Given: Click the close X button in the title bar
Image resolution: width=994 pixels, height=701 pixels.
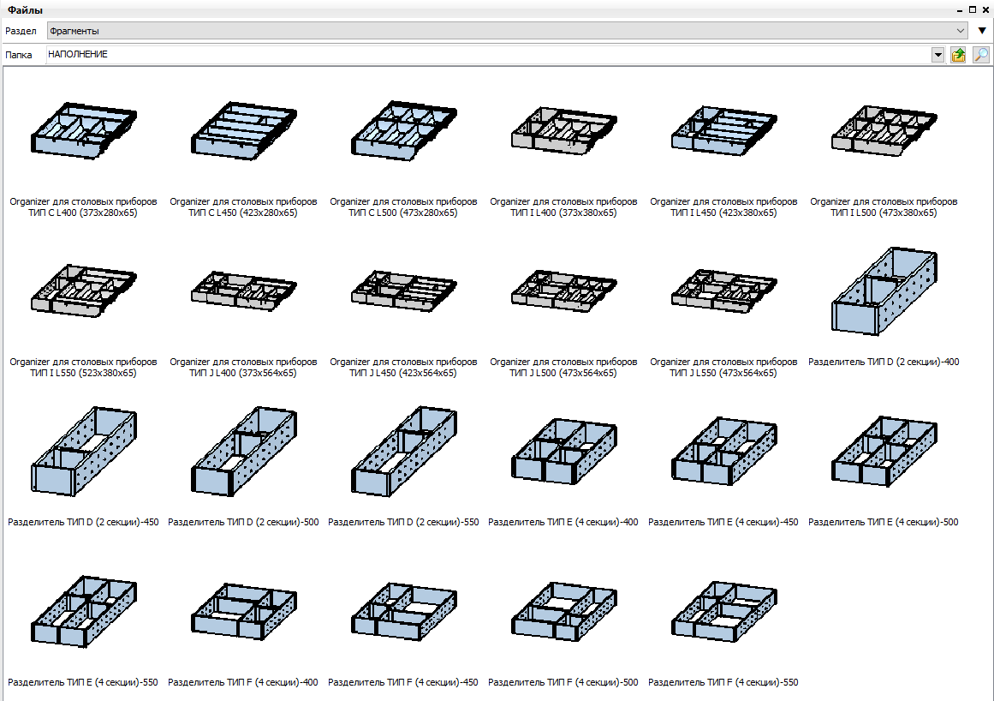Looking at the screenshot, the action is click(985, 10).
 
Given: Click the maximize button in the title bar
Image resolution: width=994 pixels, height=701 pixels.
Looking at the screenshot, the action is click(973, 10).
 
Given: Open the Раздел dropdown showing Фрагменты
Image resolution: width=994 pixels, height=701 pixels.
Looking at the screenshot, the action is click(507, 31).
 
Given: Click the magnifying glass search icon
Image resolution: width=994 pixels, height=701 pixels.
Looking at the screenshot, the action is click(980, 55).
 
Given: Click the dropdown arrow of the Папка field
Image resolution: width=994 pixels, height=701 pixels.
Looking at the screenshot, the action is click(938, 55).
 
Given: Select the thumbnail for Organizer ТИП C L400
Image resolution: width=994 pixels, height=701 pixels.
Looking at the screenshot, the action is click(84, 130).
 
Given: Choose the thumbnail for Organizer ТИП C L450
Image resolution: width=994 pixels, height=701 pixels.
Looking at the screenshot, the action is click(244, 130).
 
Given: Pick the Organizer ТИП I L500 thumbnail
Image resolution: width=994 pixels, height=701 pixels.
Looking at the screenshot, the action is click(884, 130).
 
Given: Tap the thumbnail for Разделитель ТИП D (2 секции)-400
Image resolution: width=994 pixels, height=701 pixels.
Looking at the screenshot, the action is click(884, 291).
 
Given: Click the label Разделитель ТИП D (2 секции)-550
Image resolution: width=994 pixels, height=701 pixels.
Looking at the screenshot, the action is click(404, 522).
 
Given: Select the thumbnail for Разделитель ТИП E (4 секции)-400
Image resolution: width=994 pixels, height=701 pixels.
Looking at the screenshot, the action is click(564, 451).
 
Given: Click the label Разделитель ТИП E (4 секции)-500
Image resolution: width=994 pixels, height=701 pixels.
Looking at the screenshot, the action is click(884, 522).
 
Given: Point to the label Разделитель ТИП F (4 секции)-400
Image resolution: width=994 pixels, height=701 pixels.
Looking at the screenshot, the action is click(243, 683).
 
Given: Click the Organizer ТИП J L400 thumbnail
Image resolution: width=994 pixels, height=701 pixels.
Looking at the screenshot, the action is click(244, 291).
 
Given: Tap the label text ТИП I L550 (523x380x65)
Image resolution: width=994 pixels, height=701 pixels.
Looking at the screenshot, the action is click(84, 373).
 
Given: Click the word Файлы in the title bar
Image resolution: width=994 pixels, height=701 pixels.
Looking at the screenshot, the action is click(26, 10).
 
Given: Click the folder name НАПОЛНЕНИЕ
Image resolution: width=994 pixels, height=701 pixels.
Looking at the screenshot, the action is click(78, 55).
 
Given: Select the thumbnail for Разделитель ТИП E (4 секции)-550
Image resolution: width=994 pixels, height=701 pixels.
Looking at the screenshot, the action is click(84, 612).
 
